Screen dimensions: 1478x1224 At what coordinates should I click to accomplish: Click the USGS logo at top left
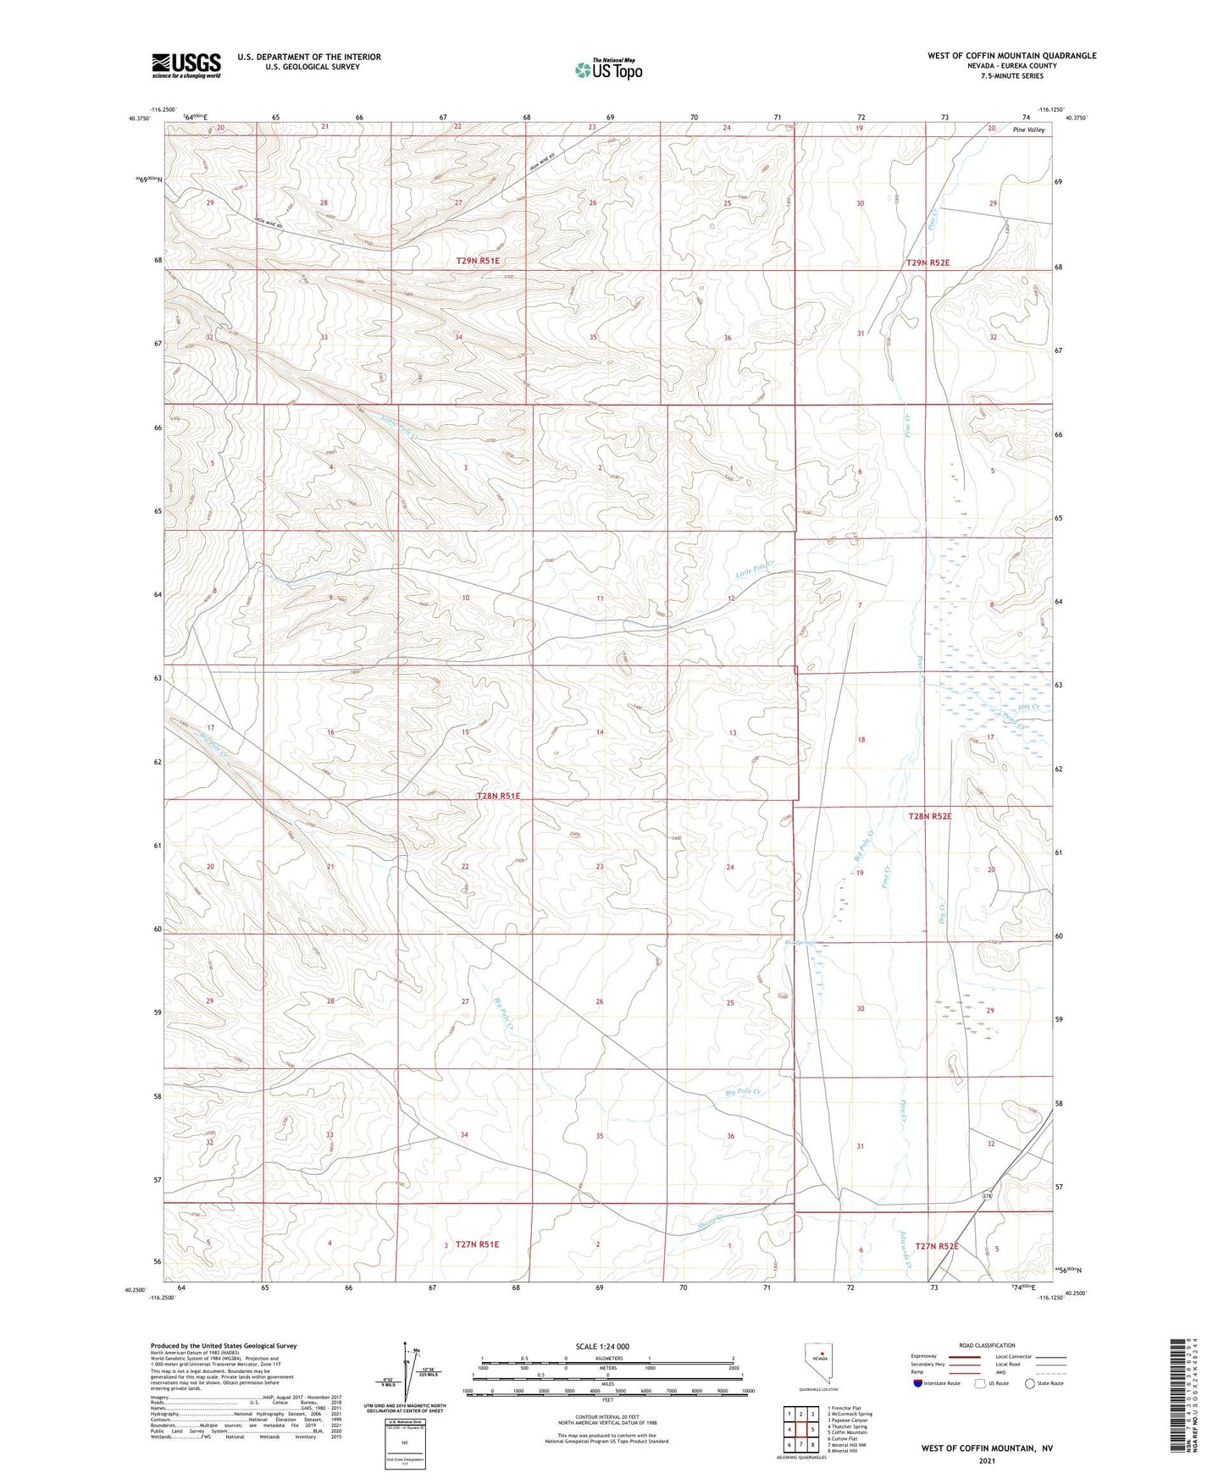[186, 64]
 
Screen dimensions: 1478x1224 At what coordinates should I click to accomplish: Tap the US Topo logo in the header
[607, 69]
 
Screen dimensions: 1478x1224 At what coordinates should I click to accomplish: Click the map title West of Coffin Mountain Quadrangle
[1011, 56]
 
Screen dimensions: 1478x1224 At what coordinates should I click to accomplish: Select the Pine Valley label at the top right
[1028, 130]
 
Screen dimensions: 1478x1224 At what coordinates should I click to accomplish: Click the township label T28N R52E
[929, 816]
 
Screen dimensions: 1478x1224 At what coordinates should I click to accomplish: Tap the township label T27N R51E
[477, 1244]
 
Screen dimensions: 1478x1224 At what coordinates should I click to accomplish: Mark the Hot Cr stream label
[1028, 706]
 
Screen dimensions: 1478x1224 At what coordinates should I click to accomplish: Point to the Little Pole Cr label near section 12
[755, 570]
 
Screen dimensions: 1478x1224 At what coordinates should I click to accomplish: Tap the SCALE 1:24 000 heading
[601, 1346]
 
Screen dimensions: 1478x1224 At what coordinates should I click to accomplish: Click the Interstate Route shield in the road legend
[918, 1383]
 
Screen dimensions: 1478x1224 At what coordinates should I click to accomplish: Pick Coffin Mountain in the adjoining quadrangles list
[848, 1433]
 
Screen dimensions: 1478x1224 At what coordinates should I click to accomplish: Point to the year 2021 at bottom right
[986, 1460]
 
